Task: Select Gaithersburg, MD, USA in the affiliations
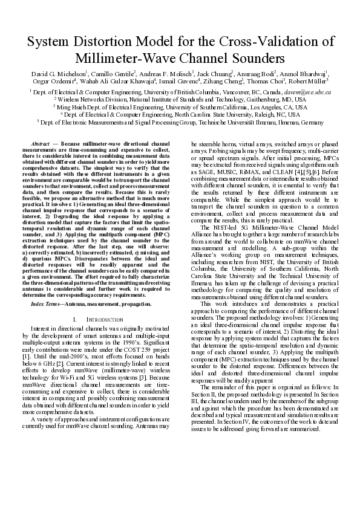274,99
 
